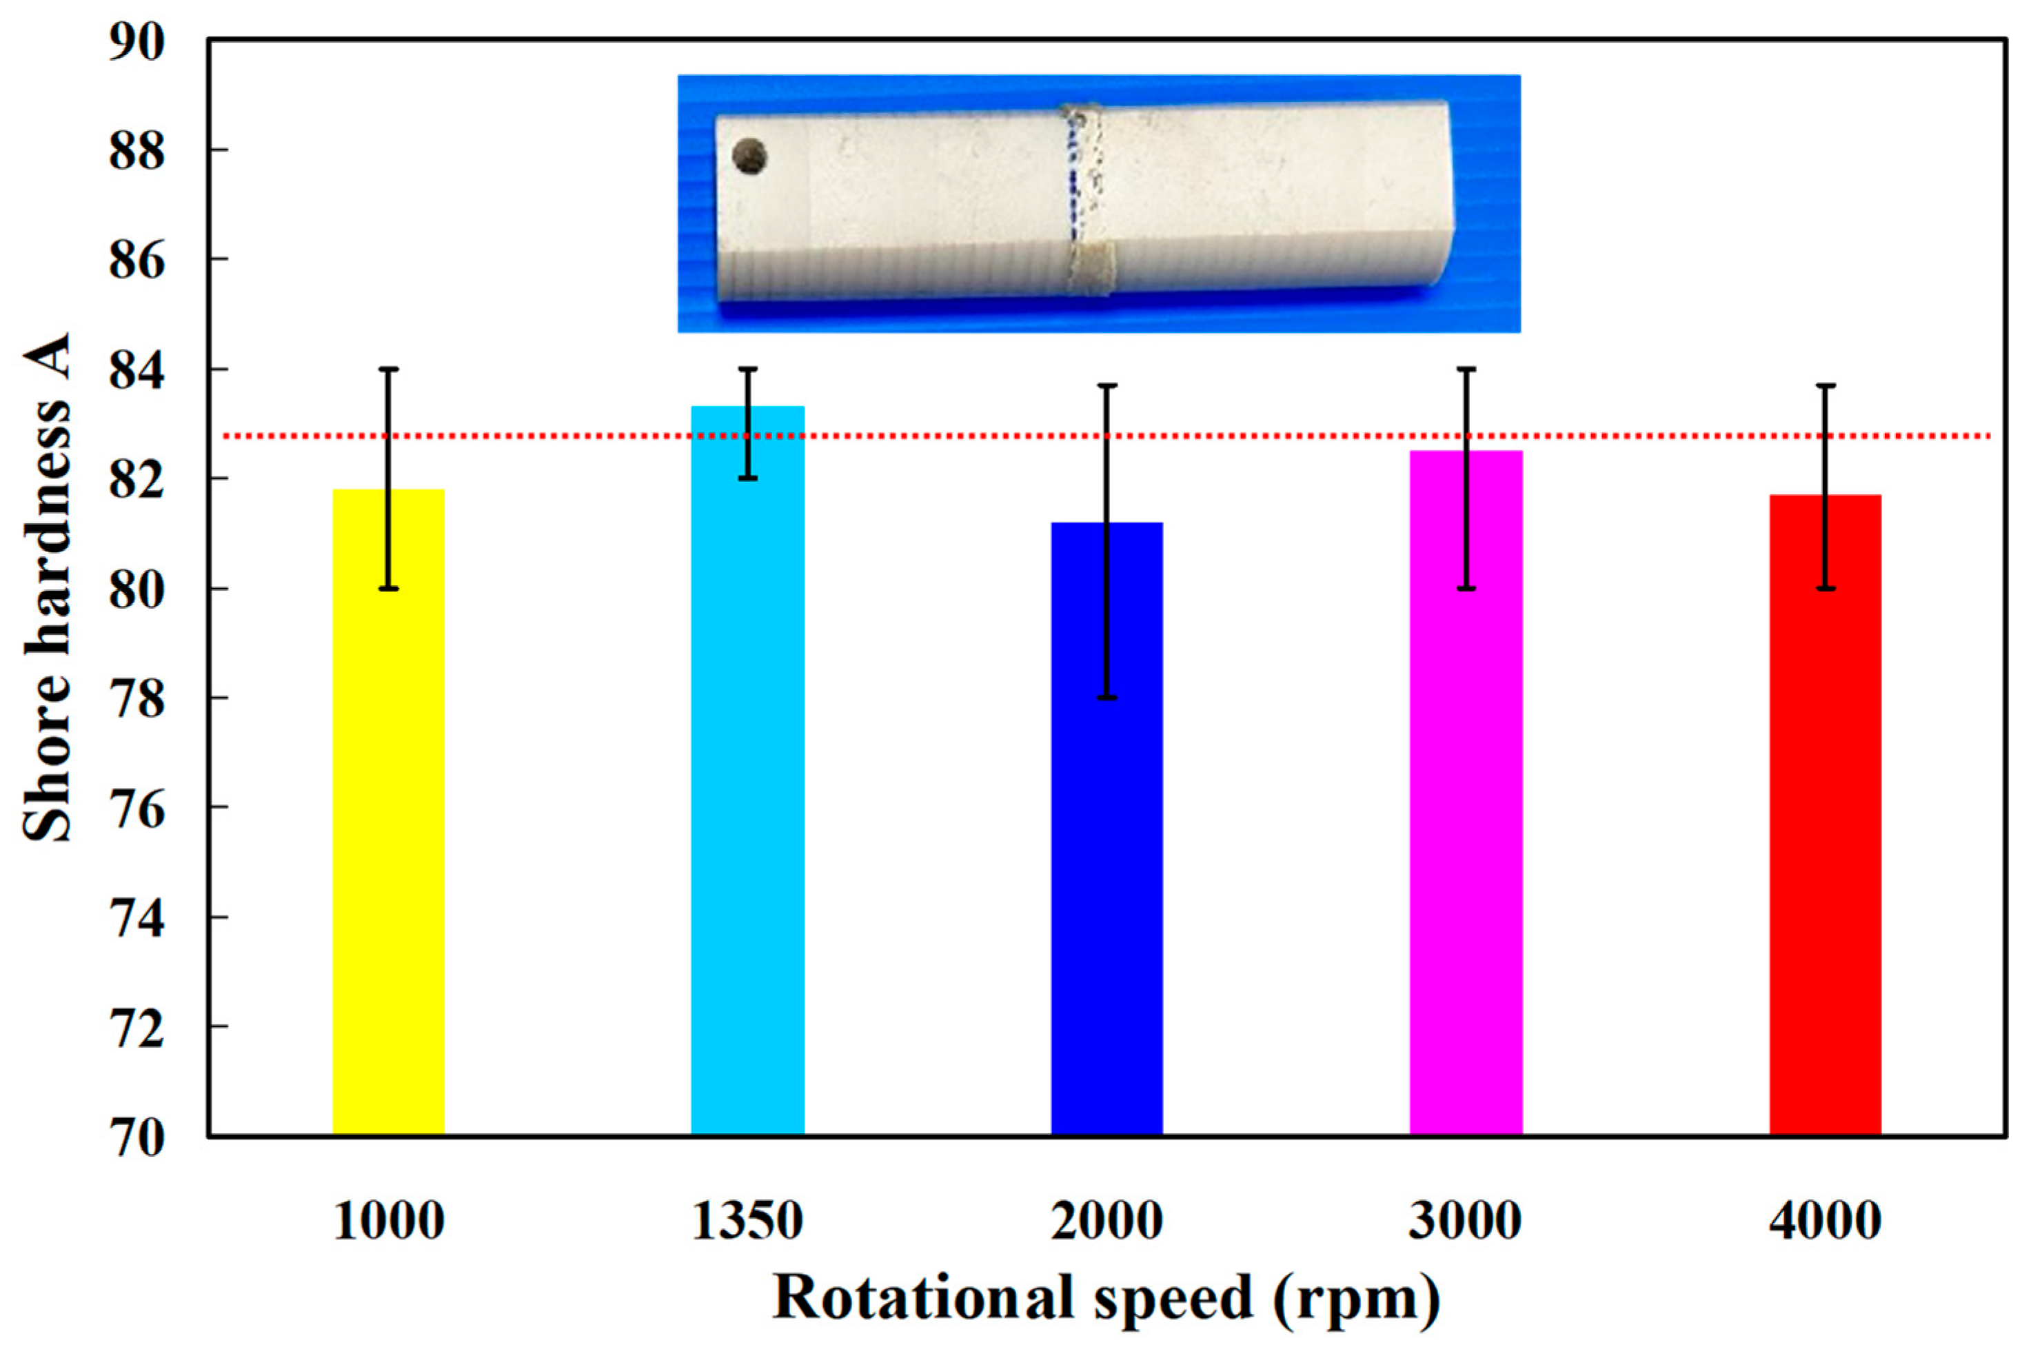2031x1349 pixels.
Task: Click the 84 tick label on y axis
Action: (x=135, y=371)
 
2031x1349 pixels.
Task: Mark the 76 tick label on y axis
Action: (x=135, y=809)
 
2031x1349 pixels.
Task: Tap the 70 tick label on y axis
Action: (x=135, y=1138)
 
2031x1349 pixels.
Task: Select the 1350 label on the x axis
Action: (x=747, y=1220)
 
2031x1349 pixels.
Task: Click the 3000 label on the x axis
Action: (x=1466, y=1220)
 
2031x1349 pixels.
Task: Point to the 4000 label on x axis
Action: (x=1826, y=1220)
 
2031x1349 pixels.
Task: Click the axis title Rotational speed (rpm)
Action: (x=1107, y=1297)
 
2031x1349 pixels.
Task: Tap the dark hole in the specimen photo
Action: (x=749, y=156)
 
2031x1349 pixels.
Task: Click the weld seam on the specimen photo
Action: (x=1086, y=198)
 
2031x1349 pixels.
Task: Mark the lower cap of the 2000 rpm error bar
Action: (x=1107, y=698)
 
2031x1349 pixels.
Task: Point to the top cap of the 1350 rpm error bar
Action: (x=747, y=369)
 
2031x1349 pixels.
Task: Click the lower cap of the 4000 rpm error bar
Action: (x=1826, y=589)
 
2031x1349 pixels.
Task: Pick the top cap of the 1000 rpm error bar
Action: (x=389, y=369)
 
